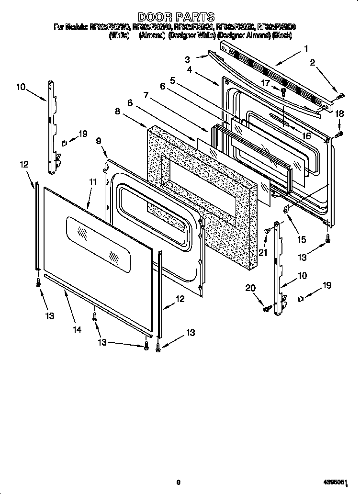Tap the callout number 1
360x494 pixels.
click(306, 48)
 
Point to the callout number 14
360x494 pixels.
click(77, 329)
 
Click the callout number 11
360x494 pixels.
click(92, 182)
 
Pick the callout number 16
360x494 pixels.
click(306, 136)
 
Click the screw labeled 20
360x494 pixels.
click(266, 309)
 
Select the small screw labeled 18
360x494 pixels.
click(340, 135)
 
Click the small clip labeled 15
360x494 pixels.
click(287, 209)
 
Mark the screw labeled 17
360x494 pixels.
click(284, 91)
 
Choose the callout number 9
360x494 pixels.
click(99, 141)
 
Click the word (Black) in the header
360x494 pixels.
click(282, 35)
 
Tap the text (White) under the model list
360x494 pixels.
click(119, 35)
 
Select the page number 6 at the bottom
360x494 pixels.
click(178, 482)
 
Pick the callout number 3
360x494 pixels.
click(187, 59)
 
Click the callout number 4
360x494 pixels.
click(190, 69)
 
